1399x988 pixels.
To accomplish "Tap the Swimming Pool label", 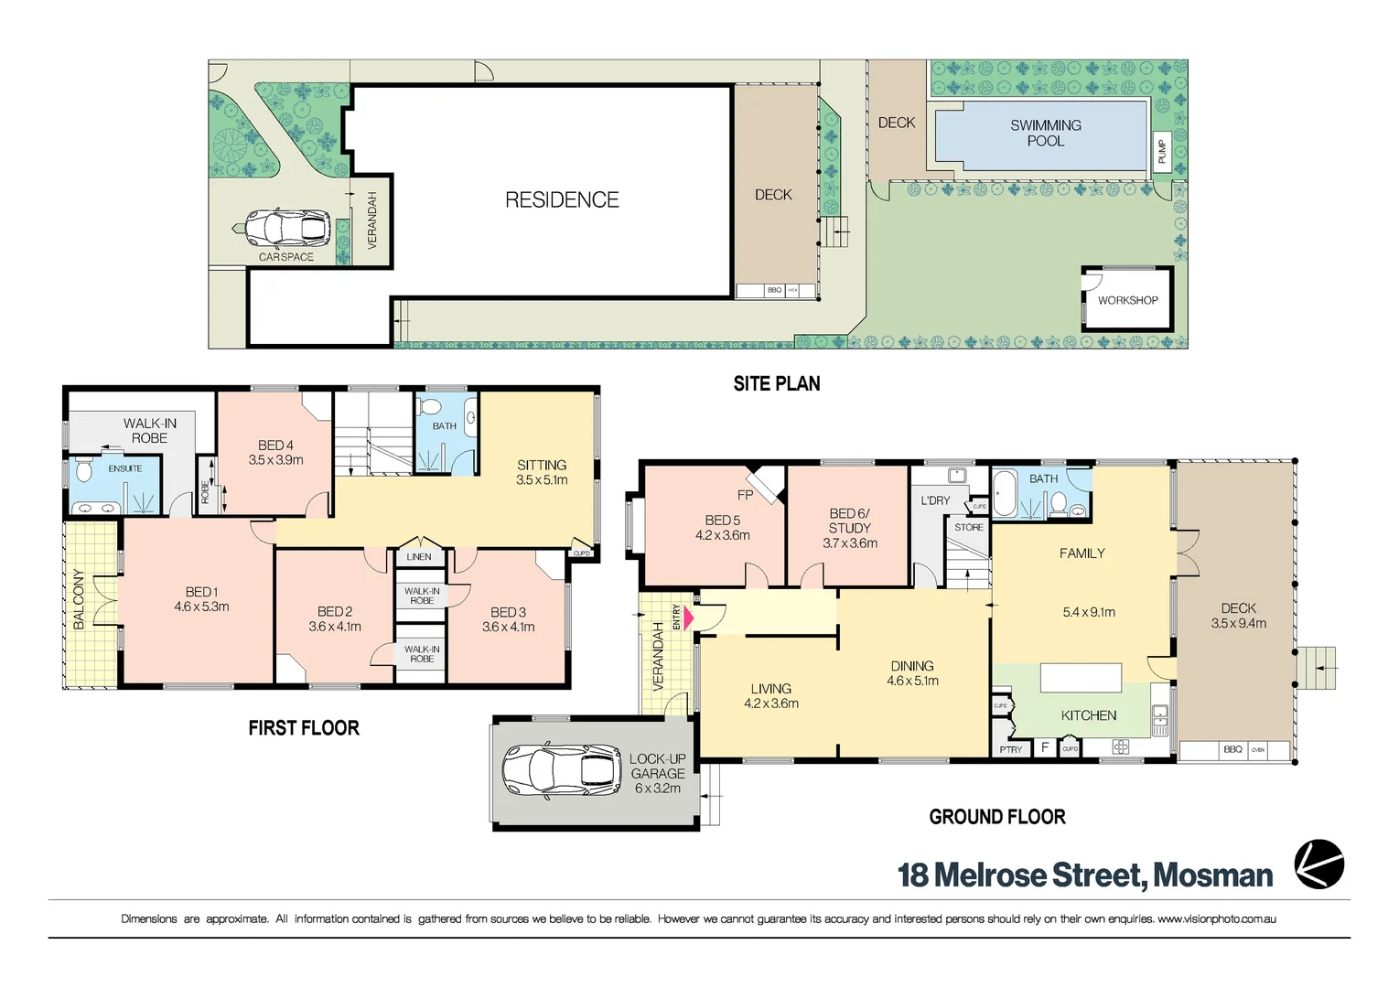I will (1045, 133).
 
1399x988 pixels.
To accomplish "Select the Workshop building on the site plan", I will (1127, 299).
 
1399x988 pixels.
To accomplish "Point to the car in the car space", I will (287, 229).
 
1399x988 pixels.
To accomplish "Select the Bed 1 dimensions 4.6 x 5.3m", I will (201, 607).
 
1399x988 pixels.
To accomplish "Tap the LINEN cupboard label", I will (419, 556).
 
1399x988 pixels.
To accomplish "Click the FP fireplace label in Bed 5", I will (745, 495).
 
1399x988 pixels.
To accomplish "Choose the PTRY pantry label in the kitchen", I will (1011, 749).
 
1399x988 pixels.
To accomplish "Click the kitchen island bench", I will (1081, 678).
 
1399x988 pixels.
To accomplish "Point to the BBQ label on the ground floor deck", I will (1232, 749).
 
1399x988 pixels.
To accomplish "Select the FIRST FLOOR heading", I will (304, 728).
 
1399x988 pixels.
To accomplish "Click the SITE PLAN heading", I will (776, 384).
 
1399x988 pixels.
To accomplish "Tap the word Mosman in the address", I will (1212, 875).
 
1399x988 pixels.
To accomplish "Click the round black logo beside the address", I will (1318, 864).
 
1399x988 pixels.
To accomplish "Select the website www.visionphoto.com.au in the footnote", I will (1216, 918).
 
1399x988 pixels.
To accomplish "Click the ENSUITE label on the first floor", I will (125, 468).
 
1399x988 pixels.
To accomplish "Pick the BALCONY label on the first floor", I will (79, 599).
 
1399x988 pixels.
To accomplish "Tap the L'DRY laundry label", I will (935, 500).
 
